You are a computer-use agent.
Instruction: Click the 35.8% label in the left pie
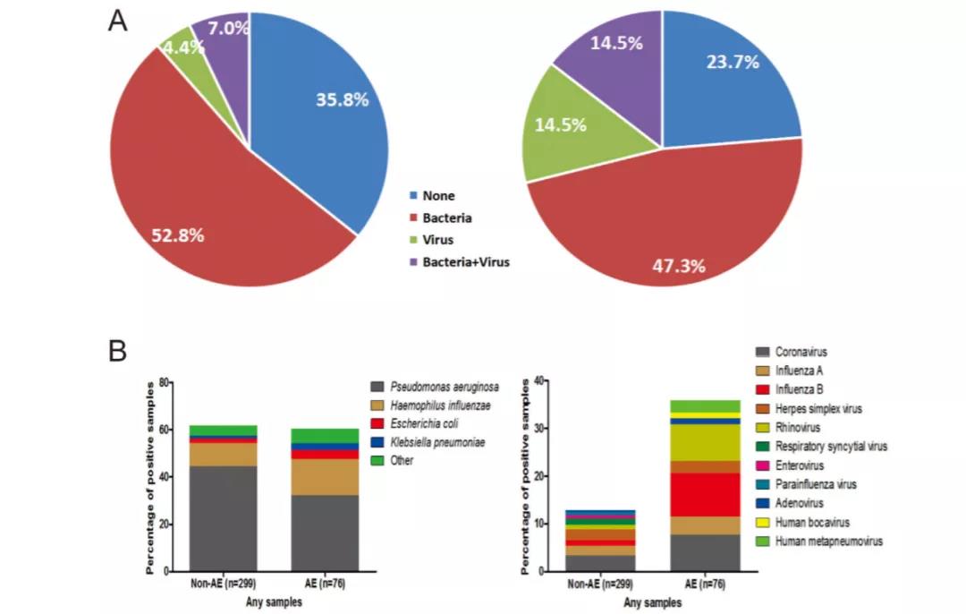(342, 100)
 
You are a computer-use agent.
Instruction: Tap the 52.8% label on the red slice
(177, 235)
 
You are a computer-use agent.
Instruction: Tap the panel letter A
(118, 21)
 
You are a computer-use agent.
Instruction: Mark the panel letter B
(118, 350)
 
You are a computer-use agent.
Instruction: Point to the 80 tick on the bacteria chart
(164, 382)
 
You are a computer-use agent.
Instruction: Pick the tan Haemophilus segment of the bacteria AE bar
(325, 477)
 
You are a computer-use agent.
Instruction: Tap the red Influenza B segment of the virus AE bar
(706, 494)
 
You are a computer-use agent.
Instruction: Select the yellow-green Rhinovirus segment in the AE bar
(706, 442)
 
